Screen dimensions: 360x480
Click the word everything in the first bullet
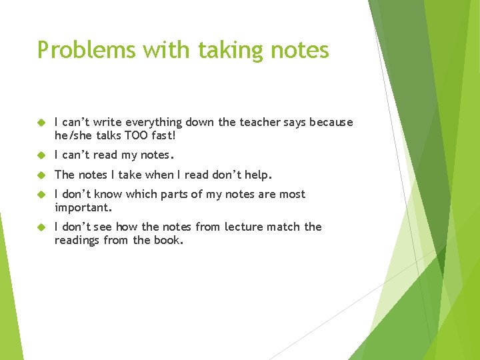tap(155, 123)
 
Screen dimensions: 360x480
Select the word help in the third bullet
tap(259, 175)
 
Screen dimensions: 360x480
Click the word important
tap(83, 207)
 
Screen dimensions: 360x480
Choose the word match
tap(284, 227)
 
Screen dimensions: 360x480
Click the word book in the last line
tap(167, 239)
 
